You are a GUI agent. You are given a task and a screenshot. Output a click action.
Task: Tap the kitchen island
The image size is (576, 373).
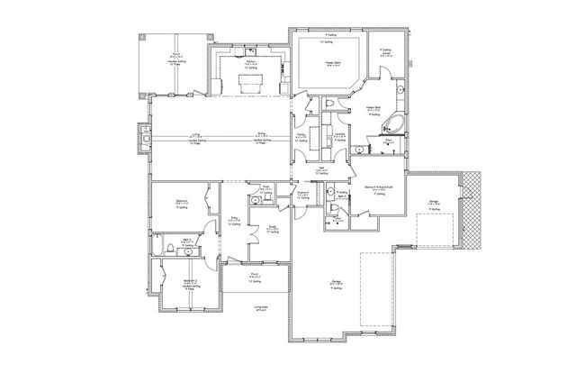point(249,83)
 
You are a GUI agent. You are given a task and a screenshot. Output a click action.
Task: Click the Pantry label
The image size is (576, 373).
point(301,136)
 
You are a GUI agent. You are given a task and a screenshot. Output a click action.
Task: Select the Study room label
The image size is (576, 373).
point(271,228)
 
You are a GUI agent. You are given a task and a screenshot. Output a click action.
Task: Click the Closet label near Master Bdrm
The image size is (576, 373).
point(385,53)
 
